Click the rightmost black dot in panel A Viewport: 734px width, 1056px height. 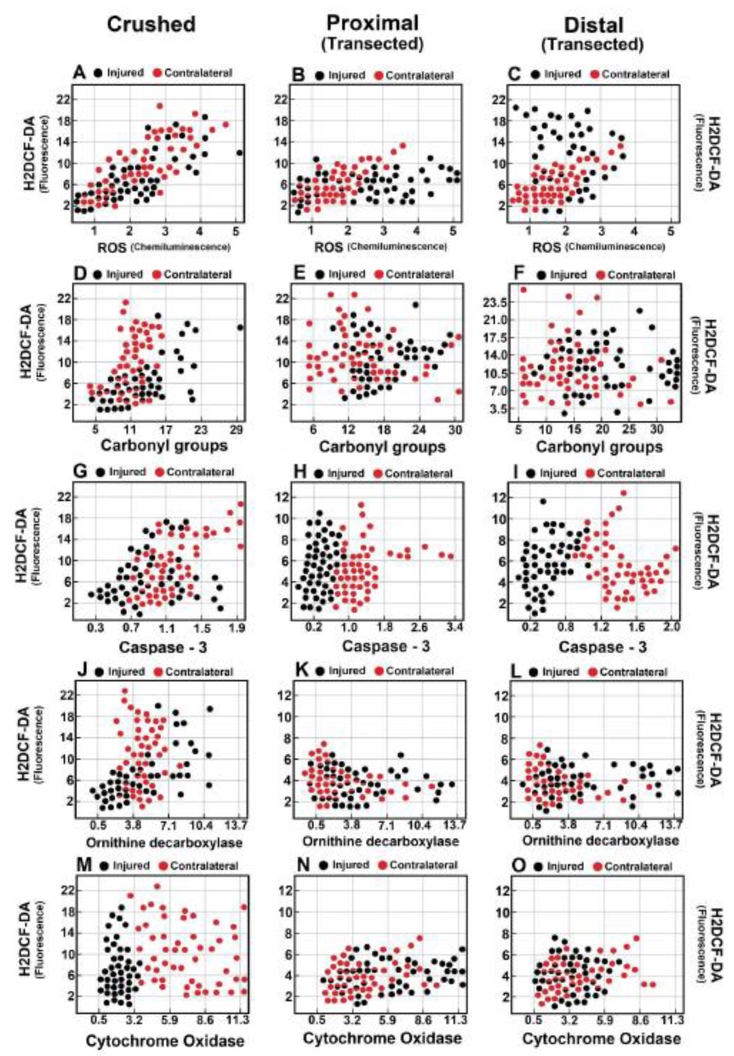click(239, 153)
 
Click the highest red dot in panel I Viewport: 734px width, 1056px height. click(624, 493)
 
